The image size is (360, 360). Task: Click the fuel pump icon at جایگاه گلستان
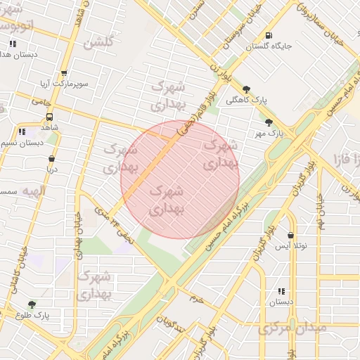(x=268, y=35)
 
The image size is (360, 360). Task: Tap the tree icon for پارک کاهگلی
(x=245, y=89)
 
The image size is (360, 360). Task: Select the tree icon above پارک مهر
(x=269, y=122)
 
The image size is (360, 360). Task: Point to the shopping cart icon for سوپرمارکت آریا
(x=64, y=73)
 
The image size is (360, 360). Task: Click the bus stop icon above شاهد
(x=49, y=117)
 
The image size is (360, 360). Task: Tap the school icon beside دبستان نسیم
(x=22, y=131)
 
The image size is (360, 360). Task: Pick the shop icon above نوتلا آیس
(x=291, y=236)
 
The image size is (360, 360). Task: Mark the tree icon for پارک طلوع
(x=32, y=304)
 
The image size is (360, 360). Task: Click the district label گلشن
(x=98, y=42)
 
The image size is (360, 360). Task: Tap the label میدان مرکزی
(x=292, y=328)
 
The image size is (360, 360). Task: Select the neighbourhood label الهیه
(x=33, y=191)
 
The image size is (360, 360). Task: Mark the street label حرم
(x=196, y=299)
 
